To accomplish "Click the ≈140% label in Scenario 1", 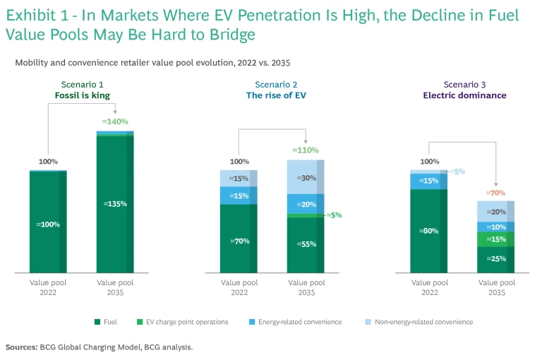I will pyautogui.click(x=115, y=121).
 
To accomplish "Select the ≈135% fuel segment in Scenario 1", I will pyautogui.click(x=115, y=203).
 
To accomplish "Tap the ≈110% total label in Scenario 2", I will pyautogui.click(x=306, y=150).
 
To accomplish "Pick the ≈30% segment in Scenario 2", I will pyautogui.click(x=306, y=178).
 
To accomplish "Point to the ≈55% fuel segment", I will pyautogui.click(x=306, y=244).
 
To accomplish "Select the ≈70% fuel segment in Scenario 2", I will pyautogui.click(x=239, y=240).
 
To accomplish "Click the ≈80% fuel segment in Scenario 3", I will pyautogui.click(x=428, y=229).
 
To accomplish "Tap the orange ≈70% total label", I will pyautogui.click(x=496, y=192).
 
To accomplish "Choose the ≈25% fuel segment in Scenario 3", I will pyautogui.click(x=496, y=259).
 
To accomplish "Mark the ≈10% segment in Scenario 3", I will pyautogui.click(x=496, y=227).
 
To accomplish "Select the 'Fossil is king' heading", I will pyautogui.click(x=82, y=95).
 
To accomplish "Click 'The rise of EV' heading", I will pyautogui.click(x=272, y=95).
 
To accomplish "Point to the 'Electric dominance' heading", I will pyautogui.click(x=464, y=95).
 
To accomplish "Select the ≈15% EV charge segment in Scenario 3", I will pyautogui.click(x=496, y=239).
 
